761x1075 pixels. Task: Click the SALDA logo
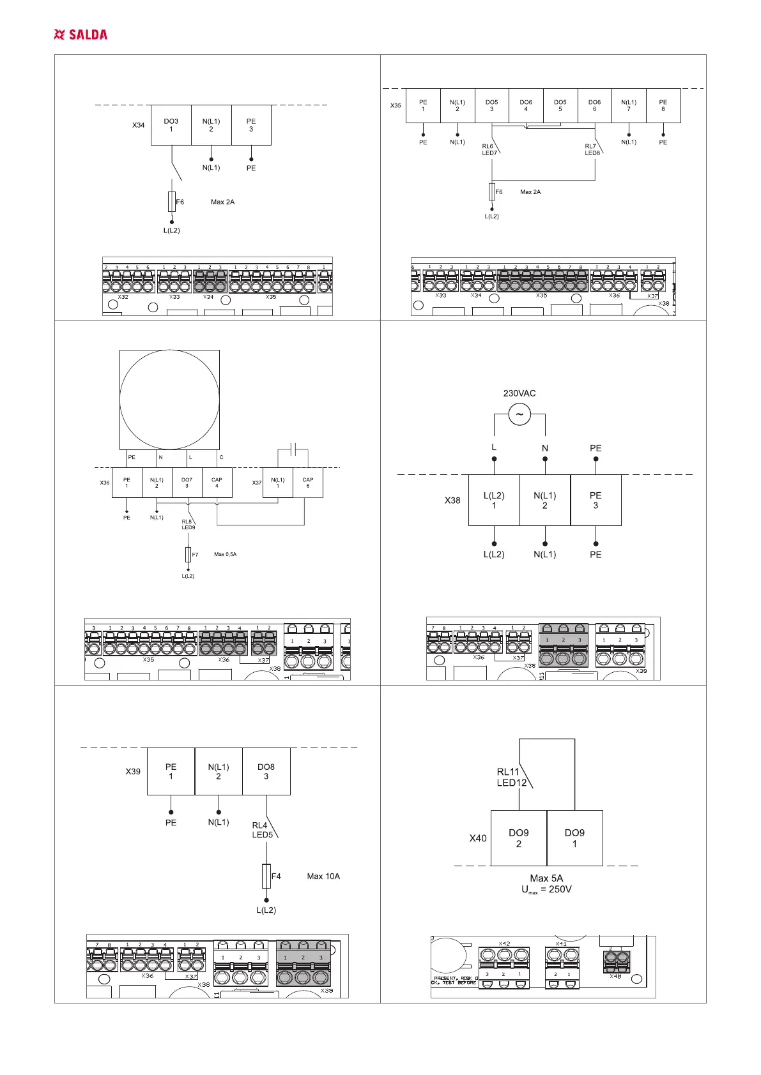[81, 34]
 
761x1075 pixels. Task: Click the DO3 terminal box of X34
[171, 125]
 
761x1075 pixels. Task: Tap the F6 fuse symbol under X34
[171, 201]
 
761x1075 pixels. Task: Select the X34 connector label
[139, 125]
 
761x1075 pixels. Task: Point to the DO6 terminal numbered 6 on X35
[594, 105]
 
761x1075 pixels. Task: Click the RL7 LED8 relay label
[592, 149]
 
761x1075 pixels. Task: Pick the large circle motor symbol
[170, 400]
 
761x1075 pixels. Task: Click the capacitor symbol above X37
[293, 449]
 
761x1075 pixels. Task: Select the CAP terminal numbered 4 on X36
[217, 483]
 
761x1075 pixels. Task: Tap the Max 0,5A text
[225, 554]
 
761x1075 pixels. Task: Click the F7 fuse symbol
[188, 554]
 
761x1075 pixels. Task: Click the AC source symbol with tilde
[519, 414]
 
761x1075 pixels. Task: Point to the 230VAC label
[519, 393]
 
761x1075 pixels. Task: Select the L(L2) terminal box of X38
[494, 500]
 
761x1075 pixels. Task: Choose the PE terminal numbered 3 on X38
[596, 500]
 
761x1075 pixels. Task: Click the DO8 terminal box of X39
[266, 771]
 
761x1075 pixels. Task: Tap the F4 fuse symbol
[266, 876]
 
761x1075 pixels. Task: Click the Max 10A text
[323, 876]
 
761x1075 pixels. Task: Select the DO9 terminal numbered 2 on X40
[519, 838]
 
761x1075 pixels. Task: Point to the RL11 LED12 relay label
[512, 777]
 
